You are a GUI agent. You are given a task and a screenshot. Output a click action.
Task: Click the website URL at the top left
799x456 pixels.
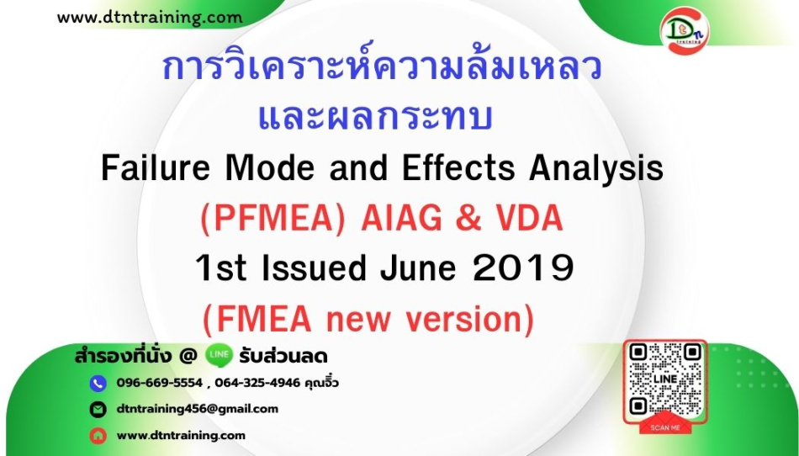click(150, 18)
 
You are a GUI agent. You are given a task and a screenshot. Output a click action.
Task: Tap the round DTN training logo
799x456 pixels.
click(684, 30)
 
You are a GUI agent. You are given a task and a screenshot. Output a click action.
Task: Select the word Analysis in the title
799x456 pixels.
click(596, 169)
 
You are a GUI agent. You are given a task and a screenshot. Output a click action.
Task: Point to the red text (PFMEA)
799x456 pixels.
click(273, 219)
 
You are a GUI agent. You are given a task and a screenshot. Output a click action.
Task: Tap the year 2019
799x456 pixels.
click(524, 268)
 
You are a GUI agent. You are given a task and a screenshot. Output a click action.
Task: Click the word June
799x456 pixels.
click(418, 268)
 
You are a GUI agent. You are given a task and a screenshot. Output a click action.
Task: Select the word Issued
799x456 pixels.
click(314, 268)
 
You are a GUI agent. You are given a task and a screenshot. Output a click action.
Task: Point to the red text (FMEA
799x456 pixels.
click(257, 320)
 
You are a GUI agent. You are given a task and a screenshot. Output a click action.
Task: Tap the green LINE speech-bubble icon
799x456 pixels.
click(220, 355)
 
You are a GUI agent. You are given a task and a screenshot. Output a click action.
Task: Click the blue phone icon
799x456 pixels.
click(98, 383)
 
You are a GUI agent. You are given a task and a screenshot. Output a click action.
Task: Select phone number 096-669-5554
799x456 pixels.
click(160, 383)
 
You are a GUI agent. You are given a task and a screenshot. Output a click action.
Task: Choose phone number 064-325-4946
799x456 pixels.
click(257, 383)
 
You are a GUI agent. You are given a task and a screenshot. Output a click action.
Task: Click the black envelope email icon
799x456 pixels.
click(98, 409)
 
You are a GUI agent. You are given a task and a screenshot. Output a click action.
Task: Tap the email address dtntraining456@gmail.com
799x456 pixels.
click(197, 409)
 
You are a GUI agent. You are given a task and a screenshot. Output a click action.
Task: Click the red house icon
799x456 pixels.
click(98, 436)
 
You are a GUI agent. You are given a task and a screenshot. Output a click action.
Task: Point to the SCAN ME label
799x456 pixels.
click(665, 427)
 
